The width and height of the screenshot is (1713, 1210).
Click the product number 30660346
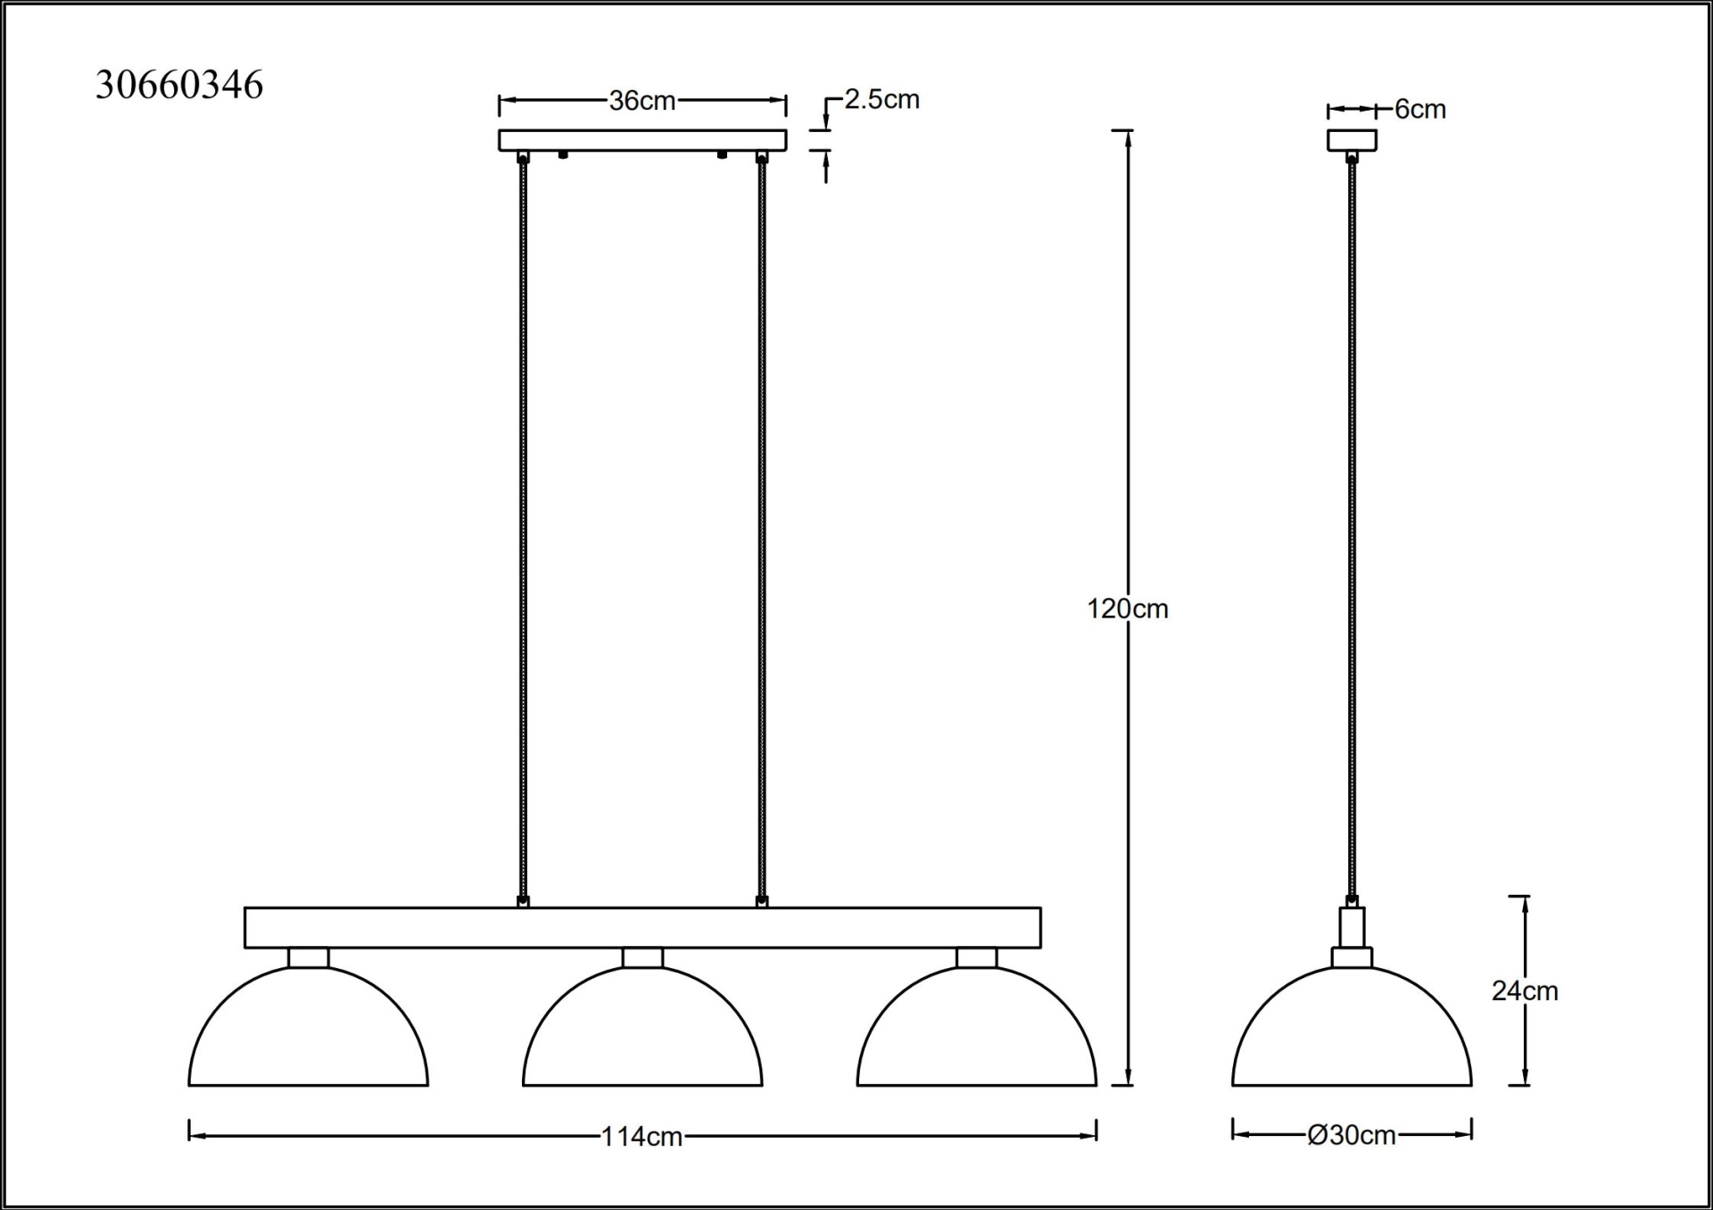179,86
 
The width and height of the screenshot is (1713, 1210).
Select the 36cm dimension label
642,101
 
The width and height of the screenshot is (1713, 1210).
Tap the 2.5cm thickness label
882,99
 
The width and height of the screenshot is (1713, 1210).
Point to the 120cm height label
1127,609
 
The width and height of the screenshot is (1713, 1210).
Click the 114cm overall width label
642,1137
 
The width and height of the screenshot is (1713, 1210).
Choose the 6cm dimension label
1420,109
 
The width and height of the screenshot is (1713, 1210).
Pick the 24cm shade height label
1525,990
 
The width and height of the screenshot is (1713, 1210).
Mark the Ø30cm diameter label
1352,1135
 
